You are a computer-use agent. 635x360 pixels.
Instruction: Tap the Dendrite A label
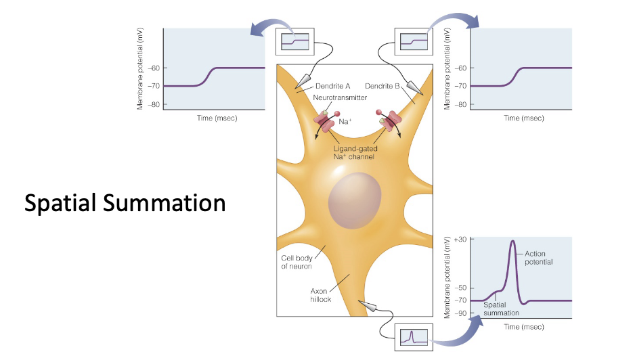pos(332,87)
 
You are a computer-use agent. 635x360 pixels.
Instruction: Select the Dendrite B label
pos(383,87)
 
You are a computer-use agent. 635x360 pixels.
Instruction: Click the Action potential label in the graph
pos(540,257)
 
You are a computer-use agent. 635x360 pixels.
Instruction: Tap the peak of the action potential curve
pos(512,242)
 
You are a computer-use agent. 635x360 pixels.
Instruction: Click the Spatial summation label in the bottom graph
pos(501,309)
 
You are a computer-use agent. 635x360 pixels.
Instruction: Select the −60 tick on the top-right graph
pos(460,68)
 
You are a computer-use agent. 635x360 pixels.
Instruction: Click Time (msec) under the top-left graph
pos(217,118)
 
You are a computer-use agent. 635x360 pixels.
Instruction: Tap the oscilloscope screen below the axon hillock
pos(413,336)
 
